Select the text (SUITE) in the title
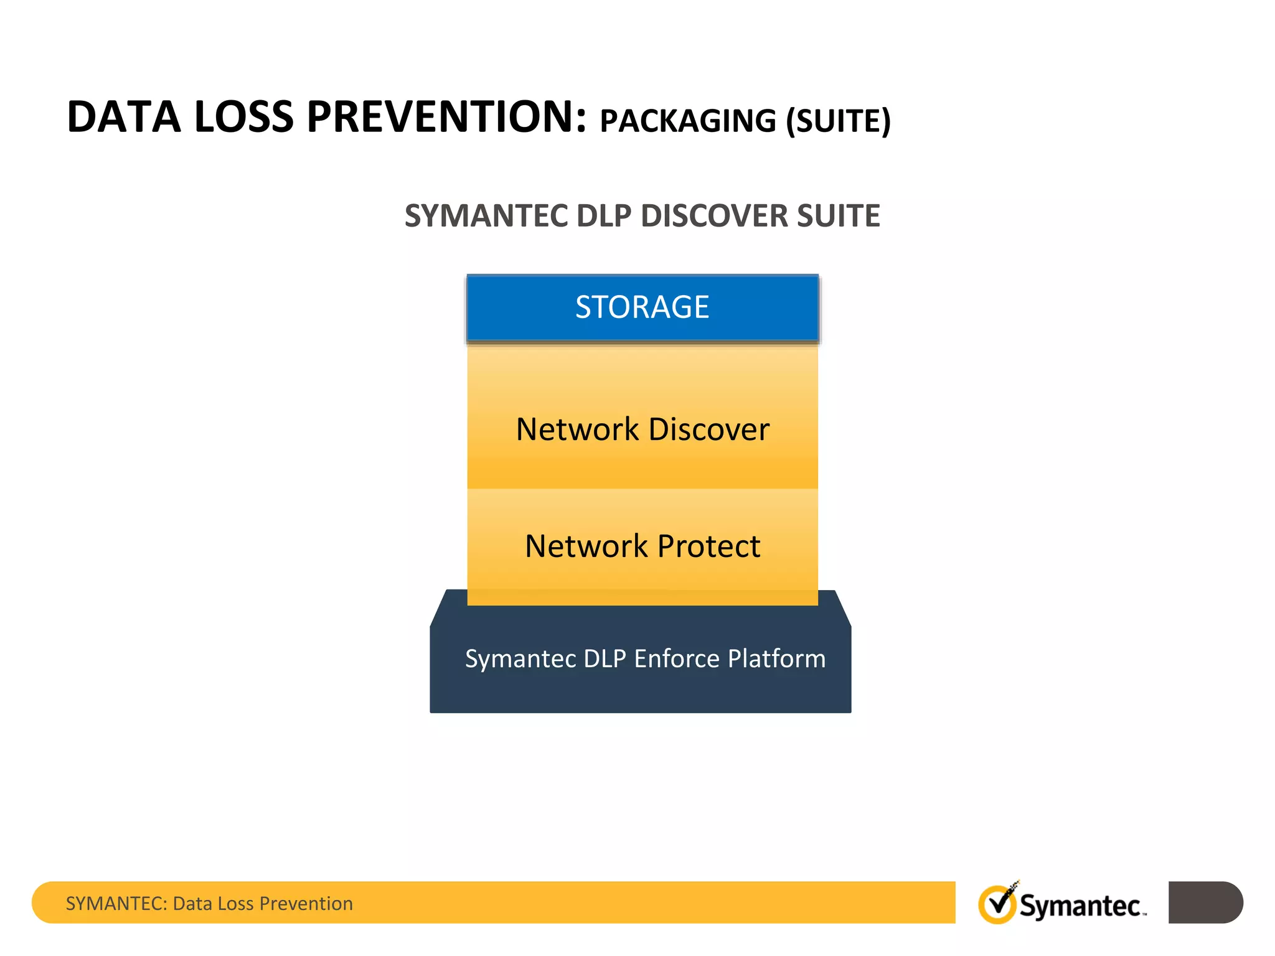(838, 121)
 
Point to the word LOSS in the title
(243, 117)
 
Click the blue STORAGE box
(642, 307)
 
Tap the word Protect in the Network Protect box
(708, 546)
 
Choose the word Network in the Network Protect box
(586, 546)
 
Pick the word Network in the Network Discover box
(578, 429)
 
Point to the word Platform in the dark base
(776, 658)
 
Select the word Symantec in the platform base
(520, 658)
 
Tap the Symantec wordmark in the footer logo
(1080, 906)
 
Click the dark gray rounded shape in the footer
(1205, 902)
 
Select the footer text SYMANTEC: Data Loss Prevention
(209, 903)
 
